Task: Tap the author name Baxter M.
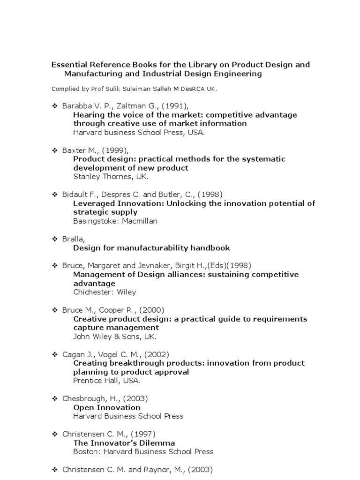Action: pos(80,150)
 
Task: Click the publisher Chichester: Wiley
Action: pos(105,292)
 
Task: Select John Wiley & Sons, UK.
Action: pos(115,337)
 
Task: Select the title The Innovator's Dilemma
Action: pos(124,443)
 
